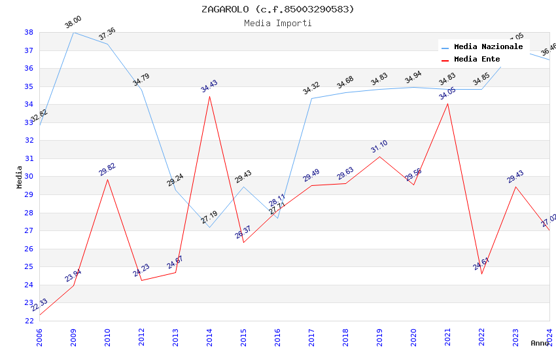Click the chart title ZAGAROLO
(x=278, y=9)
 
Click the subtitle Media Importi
(x=278, y=23)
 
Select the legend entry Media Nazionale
(x=488, y=47)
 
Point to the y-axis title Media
(x=20, y=177)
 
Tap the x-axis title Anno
(x=540, y=343)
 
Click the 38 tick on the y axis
(x=29, y=32)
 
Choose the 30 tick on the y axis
(x=29, y=177)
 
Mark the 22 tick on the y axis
(x=29, y=321)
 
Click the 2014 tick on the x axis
(x=209, y=334)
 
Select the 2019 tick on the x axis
(x=379, y=334)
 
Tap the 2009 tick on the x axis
(x=73, y=334)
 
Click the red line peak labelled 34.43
(x=209, y=96)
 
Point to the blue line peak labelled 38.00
(x=73, y=32)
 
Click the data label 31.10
(x=379, y=147)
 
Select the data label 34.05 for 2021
(x=447, y=94)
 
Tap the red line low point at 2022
(x=481, y=274)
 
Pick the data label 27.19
(x=209, y=217)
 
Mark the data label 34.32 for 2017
(x=311, y=89)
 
